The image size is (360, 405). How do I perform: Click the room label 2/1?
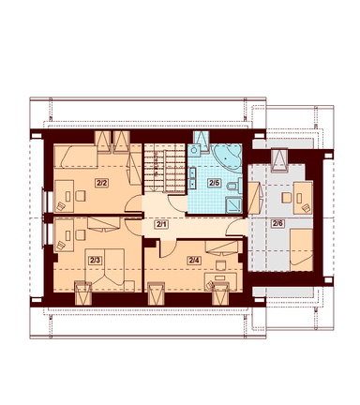pos(161,224)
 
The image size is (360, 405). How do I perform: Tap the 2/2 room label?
pos(101,183)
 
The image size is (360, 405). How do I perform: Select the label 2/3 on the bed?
pos(95,260)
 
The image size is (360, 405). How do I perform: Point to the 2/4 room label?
pos(193,260)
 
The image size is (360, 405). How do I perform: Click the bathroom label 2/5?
pos(214,183)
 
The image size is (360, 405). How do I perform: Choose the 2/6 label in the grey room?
pos(277,223)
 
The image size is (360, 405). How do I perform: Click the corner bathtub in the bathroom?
pos(228,158)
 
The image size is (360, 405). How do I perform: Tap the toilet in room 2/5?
pos(234,187)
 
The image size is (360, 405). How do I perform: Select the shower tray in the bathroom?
pos(234,205)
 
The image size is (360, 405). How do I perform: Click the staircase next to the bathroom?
pos(165,168)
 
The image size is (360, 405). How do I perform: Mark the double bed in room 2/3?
pos(105,266)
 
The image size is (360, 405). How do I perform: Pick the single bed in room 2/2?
pos(76,157)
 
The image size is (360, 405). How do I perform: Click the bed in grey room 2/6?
pos(301,250)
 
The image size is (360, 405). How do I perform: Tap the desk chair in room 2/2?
pos(81,196)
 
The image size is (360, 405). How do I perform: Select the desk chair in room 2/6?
pos(287,198)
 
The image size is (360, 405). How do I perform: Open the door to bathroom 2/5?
pos(176,203)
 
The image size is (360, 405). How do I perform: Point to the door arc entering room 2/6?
pos(235,227)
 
